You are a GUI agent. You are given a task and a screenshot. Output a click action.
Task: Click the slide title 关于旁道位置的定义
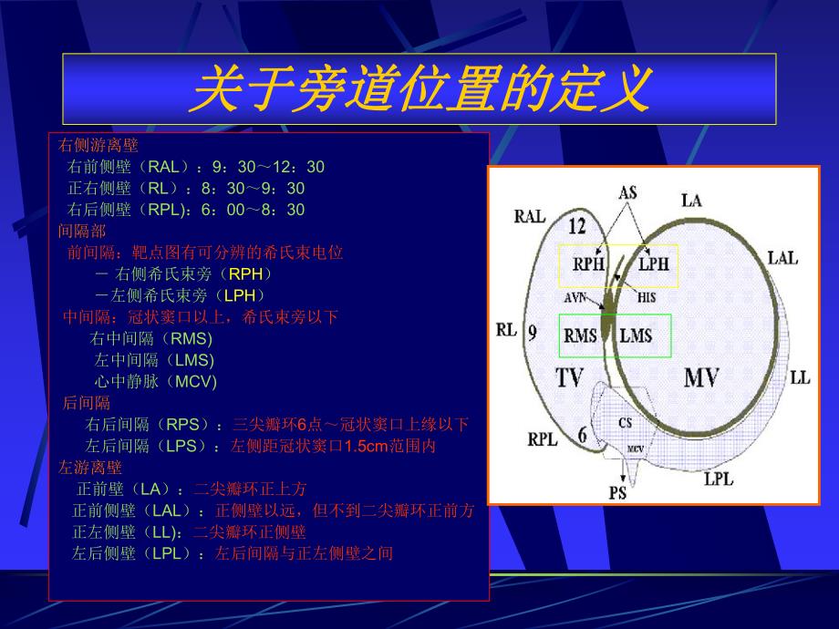419,89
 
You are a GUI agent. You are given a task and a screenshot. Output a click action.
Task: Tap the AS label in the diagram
627,192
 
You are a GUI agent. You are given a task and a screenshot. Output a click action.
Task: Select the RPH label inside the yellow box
588,264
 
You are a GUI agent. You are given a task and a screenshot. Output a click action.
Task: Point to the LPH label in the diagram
652,264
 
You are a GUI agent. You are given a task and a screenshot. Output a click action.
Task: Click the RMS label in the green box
581,335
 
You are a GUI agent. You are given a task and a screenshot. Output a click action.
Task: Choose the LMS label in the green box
636,335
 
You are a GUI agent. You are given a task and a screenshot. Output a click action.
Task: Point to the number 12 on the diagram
576,226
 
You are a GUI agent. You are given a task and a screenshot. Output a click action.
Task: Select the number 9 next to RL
532,331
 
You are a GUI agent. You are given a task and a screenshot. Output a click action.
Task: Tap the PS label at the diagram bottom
617,493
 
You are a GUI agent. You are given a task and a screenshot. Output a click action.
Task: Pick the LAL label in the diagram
782,258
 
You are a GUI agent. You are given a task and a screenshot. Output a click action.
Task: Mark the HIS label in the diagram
646,297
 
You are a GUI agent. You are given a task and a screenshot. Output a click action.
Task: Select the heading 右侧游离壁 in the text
98,144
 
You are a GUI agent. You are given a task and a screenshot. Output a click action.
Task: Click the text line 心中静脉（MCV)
156,381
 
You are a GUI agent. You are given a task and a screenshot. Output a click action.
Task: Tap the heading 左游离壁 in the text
90,468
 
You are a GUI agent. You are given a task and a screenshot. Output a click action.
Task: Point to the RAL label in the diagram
530,216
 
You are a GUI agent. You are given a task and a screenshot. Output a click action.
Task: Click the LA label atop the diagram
691,200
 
